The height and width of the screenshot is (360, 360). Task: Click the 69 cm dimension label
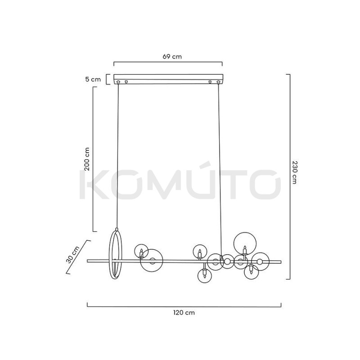click(172, 57)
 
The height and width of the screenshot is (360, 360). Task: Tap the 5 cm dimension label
click(93, 80)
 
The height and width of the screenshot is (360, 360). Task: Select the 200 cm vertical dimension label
click(87, 159)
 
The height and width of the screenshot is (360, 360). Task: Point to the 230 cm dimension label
click(295, 172)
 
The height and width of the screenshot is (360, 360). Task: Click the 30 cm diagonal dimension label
click(72, 255)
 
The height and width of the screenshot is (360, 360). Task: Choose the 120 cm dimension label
click(184, 313)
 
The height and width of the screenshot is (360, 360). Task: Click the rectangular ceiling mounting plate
click(168, 79)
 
